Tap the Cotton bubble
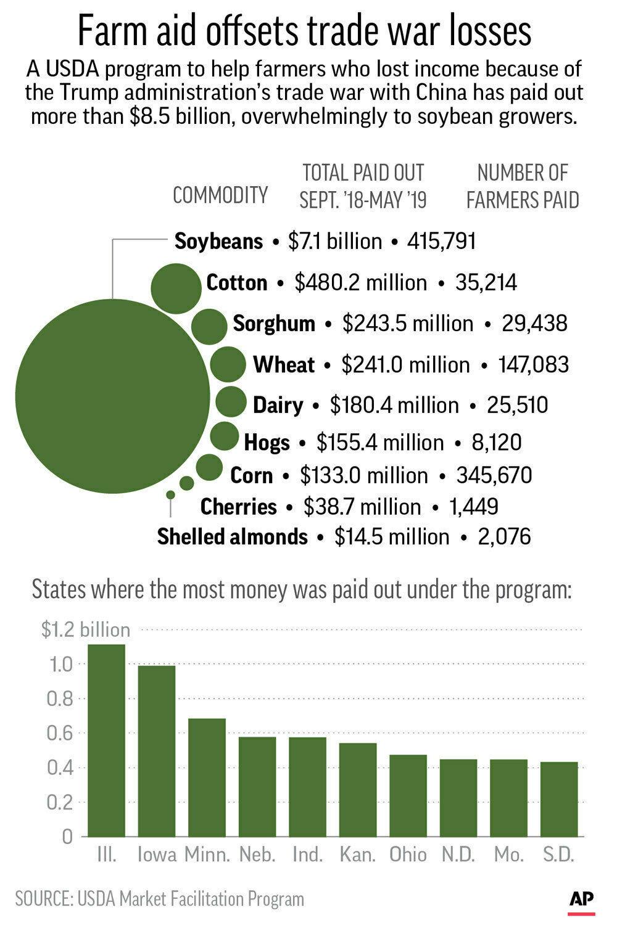176,289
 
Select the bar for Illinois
106,740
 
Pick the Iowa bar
157,751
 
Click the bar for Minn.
207,777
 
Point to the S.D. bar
559,799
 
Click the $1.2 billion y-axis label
86,629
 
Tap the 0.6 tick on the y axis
60,733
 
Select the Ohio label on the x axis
408,854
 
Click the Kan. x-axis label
357,854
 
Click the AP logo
581,901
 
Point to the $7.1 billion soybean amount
335,241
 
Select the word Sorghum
274,324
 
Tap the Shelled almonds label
233,536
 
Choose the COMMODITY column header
220,195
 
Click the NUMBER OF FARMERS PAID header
523,186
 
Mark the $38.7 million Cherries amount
362,507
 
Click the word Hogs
267,443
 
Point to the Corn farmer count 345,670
494,475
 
